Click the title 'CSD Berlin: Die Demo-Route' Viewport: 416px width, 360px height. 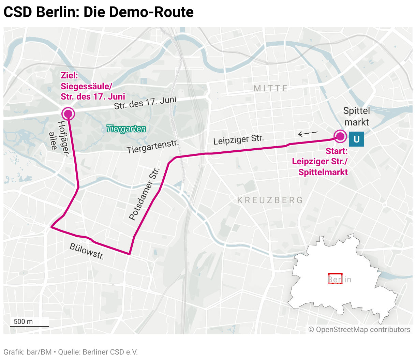point(99,12)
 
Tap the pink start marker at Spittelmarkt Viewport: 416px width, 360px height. point(340,136)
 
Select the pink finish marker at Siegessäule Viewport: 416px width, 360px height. point(68,114)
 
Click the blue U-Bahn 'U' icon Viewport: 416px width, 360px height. point(356,139)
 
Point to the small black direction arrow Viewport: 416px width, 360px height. point(308,133)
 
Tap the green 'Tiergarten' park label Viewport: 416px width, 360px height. point(126,129)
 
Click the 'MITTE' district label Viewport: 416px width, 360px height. point(271,88)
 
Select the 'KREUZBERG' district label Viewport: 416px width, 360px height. point(270,200)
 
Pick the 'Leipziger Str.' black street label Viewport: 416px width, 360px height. point(238,139)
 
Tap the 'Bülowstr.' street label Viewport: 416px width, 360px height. point(87,251)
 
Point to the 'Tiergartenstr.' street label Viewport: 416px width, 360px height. point(152,146)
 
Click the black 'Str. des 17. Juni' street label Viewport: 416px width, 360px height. point(145,103)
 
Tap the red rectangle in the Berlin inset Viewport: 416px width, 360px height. point(335,278)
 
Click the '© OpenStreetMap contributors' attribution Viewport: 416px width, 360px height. point(359,330)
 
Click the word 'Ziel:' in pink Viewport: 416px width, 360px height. point(69,76)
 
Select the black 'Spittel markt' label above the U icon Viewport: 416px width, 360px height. point(356,116)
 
